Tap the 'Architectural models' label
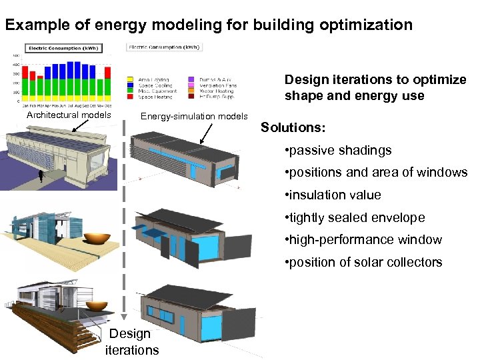(69, 115)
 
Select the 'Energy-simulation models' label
(194, 117)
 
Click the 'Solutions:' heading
(293, 127)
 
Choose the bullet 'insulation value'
(333, 195)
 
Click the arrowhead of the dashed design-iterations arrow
(125, 319)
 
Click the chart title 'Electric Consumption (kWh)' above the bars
(54, 48)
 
